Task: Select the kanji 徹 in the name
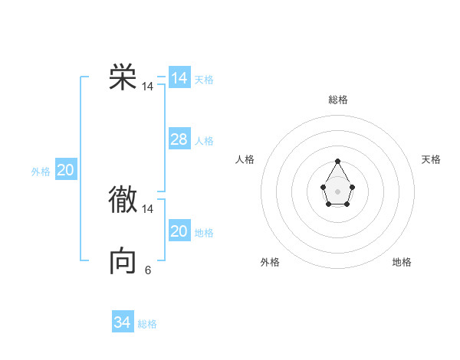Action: click(123, 199)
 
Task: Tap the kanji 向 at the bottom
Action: click(123, 261)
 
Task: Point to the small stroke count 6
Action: click(148, 270)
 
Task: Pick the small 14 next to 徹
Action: click(148, 208)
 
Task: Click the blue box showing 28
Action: click(179, 139)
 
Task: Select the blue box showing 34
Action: click(122, 322)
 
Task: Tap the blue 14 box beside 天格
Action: click(179, 78)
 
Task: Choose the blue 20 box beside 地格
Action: click(179, 231)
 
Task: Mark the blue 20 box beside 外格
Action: click(65, 170)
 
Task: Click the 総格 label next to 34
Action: click(147, 324)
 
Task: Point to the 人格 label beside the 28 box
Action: click(204, 141)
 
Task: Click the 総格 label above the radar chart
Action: click(338, 100)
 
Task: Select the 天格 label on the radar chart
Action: click(431, 159)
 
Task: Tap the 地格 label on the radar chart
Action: click(402, 262)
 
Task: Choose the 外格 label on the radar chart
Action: click(270, 262)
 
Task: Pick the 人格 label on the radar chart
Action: click(245, 159)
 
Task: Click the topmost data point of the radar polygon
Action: click(337, 162)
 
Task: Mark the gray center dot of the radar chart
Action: click(337, 191)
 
